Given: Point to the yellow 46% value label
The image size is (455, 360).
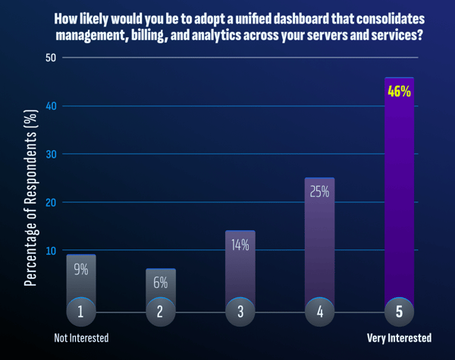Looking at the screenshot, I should pyautogui.click(x=399, y=92).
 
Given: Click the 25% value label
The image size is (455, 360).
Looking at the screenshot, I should pyautogui.click(x=319, y=192).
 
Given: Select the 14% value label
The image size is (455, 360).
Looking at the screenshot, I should pyautogui.click(x=240, y=245).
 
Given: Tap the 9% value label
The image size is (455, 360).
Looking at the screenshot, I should pyautogui.click(x=81, y=268).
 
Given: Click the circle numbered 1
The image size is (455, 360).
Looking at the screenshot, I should pyautogui.click(x=81, y=311).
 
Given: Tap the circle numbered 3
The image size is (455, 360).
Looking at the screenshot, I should pyautogui.click(x=240, y=311).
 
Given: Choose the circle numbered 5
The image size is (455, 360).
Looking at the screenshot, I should pyautogui.click(x=399, y=311).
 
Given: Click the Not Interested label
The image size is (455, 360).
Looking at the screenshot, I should pyautogui.click(x=81, y=338).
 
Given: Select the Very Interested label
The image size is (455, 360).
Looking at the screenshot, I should pyautogui.click(x=399, y=338).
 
